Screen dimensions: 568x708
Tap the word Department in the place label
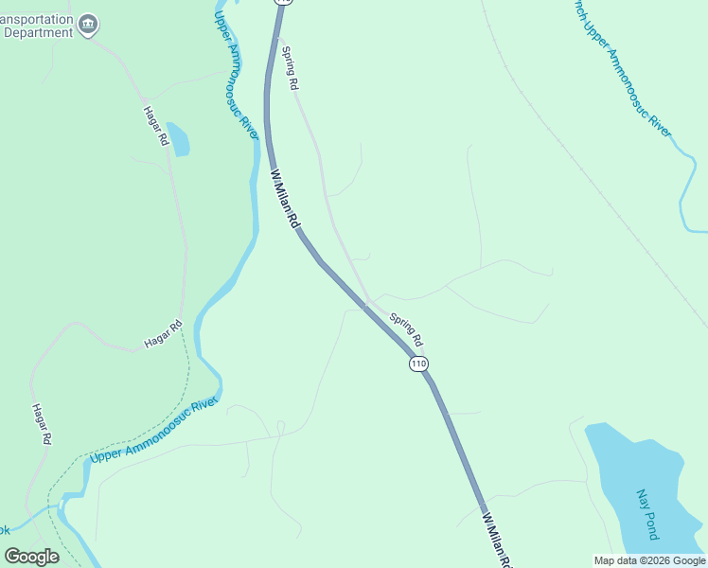click(38, 32)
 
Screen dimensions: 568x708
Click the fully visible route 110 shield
click(418, 364)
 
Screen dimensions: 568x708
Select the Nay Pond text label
click(646, 514)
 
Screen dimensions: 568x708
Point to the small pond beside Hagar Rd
click(177, 138)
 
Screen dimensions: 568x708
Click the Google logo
click(31, 557)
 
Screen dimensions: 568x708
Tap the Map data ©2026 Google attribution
click(649, 560)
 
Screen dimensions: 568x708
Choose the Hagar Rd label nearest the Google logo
click(41, 424)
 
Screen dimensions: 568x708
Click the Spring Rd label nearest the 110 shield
click(406, 328)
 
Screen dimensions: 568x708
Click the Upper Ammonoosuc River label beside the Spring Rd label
click(236, 76)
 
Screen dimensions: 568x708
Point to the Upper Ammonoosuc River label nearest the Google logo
click(153, 432)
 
